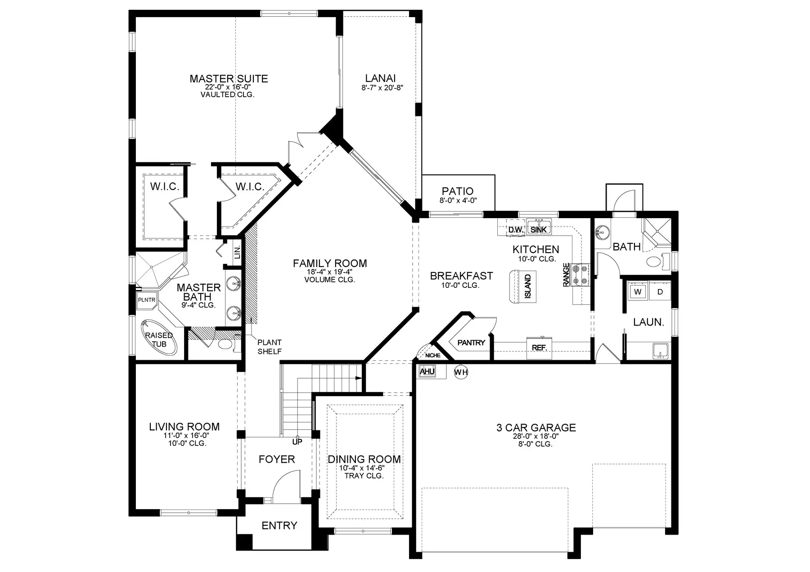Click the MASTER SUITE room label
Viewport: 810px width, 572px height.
coord(229,79)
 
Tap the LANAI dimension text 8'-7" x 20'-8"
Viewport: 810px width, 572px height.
coord(382,88)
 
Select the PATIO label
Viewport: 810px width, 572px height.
coord(458,191)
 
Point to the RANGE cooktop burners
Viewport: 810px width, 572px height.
coord(580,274)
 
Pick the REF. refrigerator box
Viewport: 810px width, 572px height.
coord(539,348)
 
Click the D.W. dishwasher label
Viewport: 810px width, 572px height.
coord(515,230)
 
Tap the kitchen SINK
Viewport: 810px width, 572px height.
coord(539,227)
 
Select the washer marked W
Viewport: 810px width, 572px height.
coord(638,292)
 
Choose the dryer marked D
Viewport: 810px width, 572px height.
coord(660,292)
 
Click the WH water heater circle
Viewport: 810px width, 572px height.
coord(461,372)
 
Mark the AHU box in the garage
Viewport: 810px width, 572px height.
coord(427,372)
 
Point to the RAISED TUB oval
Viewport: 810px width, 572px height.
coord(159,338)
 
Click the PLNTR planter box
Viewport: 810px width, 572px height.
coord(146,300)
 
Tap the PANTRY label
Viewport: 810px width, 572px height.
coord(471,343)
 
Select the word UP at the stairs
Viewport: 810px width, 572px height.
coord(297,442)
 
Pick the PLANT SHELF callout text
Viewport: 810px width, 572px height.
coord(270,347)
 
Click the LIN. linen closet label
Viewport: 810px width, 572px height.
coord(237,252)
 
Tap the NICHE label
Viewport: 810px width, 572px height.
coord(433,355)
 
